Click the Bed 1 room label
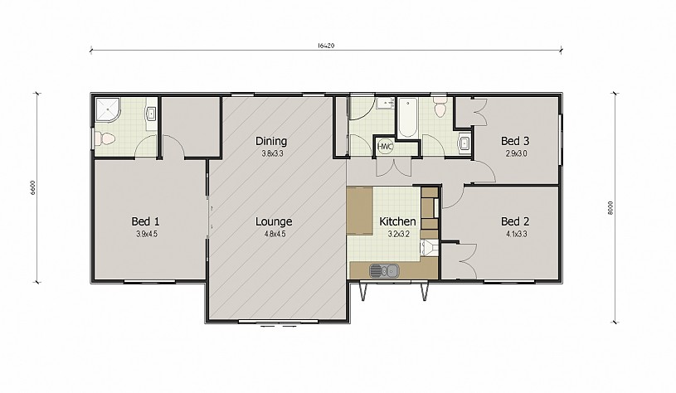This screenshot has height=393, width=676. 145,221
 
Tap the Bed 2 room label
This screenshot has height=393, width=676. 515,221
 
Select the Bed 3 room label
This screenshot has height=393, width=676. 515,141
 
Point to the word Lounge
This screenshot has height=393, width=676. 274,222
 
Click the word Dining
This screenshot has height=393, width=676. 271,141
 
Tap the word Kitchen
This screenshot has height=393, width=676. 397,221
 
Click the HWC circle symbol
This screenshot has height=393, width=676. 385,147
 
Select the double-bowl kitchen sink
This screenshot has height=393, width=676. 384,271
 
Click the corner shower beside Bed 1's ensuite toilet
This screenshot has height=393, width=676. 108,109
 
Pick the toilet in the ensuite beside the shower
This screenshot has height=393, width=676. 105,138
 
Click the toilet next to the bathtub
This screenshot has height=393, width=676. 440,106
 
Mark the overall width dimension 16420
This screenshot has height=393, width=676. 326,46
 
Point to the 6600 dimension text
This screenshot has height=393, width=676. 33,188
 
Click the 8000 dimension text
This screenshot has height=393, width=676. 609,208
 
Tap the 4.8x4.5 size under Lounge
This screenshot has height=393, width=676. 275,234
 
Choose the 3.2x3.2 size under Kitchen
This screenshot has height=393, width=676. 398,234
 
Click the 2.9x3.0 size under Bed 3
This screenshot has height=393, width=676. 516,153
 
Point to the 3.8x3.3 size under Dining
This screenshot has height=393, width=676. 272,153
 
